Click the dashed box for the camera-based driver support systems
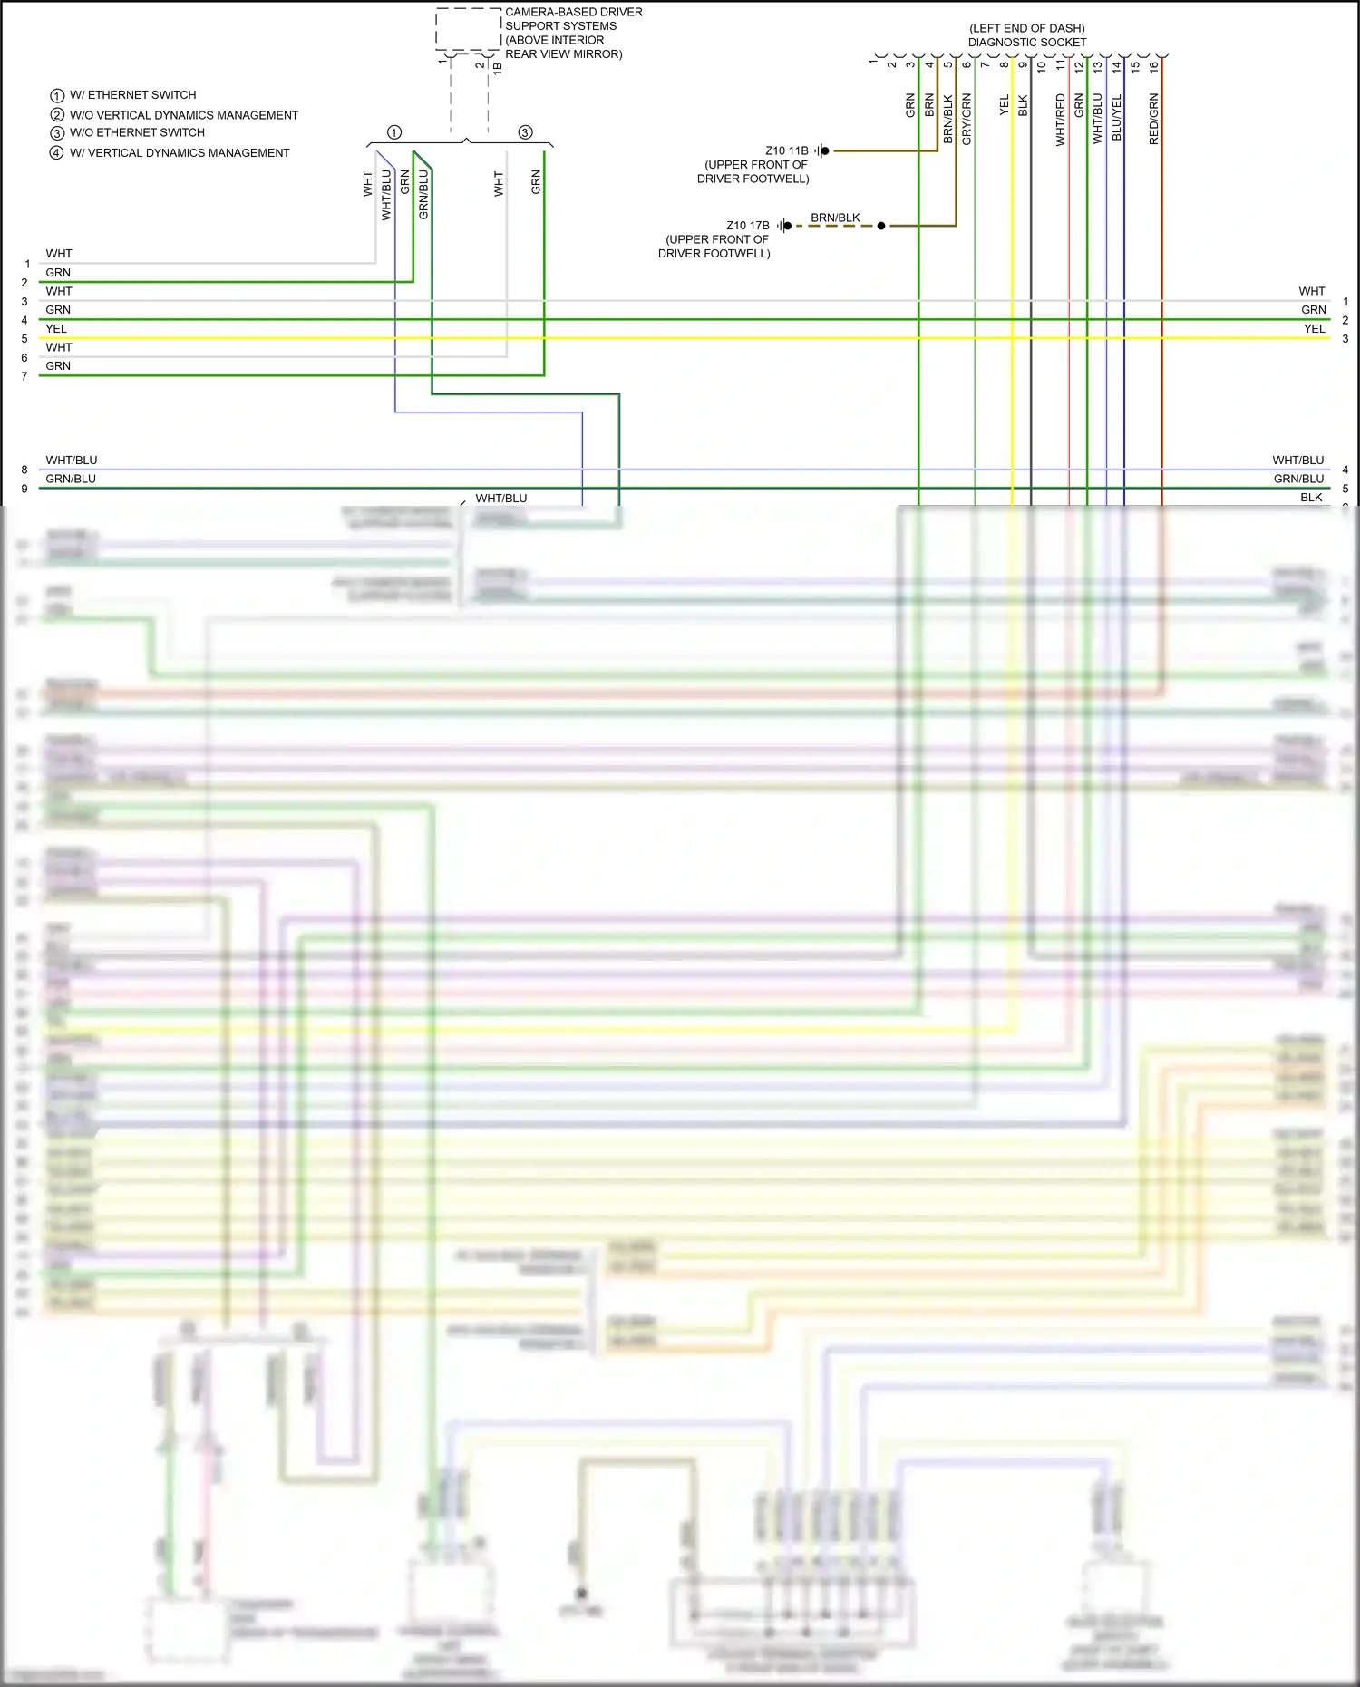pos(468,30)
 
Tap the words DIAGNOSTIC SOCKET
pos(1026,43)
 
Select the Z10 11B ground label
pos(786,150)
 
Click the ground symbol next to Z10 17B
pos(784,226)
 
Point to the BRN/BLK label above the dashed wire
pos(835,218)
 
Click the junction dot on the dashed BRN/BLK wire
pos(881,226)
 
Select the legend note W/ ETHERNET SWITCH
pos(132,95)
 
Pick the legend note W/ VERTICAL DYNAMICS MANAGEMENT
pos(180,153)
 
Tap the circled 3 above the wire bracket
pos(525,132)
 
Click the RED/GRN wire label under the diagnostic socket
pos(1153,119)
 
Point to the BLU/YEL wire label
pos(1116,117)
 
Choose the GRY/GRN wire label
pos(967,119)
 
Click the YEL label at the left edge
pos(56,329)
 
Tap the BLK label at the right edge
pos(1311,498)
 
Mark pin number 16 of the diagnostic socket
pos(1153,65)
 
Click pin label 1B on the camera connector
pos(497,66)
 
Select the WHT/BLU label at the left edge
pos(72,461)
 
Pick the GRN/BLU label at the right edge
pos(1298,479)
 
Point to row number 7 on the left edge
pos(24,376)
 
